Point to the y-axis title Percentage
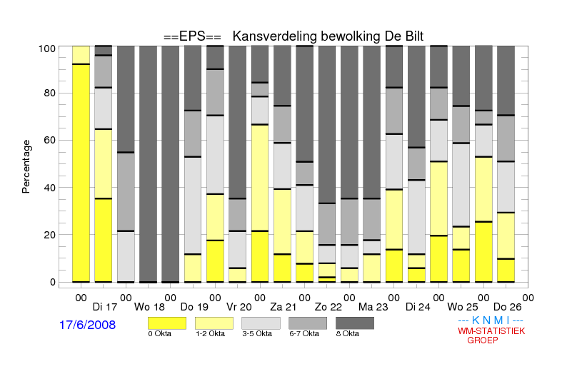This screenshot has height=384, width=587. pyautogui.click(x=26, y=166)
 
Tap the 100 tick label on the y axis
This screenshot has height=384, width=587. pyautogui.click(x=47, y=49)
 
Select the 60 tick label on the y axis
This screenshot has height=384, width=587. pyautogui.click(x=49, y=140)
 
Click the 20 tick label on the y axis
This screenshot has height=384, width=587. pyautogui.click(x=49, y=235)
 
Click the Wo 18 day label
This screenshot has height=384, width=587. pyautogui.click(x=149, y=307)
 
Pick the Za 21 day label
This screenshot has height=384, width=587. pyautogui.click(x=284, y=307)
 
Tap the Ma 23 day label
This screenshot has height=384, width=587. pyautogui.click(x=373, y=307)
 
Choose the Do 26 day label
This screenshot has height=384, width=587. pyautogui.click(x=507, y=307)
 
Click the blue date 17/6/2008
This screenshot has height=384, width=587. pyautogui.click(x=87, y=325)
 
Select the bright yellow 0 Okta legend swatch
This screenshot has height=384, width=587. pyautogui.click(x=167, y=323)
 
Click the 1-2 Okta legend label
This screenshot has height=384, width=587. pyautogui.click(x=210, y=333)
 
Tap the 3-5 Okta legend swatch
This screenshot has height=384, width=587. pyautogui.click(x=261, y=323)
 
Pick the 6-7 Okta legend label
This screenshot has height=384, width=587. pyautogui.click(x=304, y=333)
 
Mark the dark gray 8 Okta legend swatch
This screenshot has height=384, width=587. pyautogui.click(x=355, y=323)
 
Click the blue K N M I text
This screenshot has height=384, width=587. pyautogui.click(x=491, y=320)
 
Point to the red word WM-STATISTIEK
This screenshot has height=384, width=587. pyautogui.click(x=491, y=331)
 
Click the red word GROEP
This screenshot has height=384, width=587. pyautogui.click(x=483, y=340)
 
